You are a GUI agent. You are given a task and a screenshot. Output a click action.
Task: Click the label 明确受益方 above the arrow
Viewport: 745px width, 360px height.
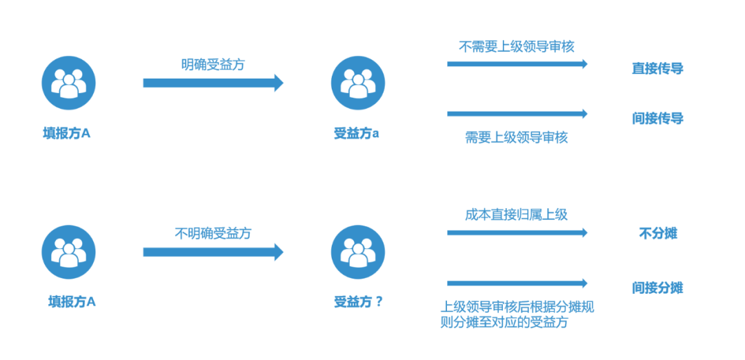click(x=213, y=65)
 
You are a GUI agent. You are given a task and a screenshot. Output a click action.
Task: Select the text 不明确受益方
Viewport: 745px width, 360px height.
click(x=213, y=234)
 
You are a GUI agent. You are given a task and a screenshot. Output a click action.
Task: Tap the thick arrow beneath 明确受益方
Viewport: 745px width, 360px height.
click(x=213, y=83)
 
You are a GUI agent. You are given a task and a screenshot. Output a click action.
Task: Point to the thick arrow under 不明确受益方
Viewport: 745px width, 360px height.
click(x=213, y=252)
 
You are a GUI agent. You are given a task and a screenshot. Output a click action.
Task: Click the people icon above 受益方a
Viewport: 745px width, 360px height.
click(x=357, y=83)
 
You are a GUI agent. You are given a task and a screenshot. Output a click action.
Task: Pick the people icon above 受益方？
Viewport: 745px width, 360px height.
click(x=357, y=252)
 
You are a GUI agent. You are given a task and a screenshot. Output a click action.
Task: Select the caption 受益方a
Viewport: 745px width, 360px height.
click(x=357, y=134)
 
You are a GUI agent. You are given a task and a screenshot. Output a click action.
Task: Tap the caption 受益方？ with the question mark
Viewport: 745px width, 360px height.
click(x=358, y=301)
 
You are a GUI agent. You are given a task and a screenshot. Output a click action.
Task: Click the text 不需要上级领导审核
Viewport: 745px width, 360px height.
click(x=517, y=47)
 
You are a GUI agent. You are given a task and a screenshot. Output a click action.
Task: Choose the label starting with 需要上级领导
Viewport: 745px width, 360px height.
click(x=517, y=137)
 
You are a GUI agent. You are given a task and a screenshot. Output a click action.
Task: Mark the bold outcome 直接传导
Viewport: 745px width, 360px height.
click(x=657, y=69)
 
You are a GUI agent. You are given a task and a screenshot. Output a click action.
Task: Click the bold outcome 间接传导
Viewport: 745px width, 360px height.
click(x=657, y=119)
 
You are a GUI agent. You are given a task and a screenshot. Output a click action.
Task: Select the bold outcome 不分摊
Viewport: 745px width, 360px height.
click(x=657, y=234)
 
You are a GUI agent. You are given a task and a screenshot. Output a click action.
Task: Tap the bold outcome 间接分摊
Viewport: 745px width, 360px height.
click(x=657, y=288)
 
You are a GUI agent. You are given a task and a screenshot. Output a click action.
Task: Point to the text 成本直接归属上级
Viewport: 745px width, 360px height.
click(x=517, y=214)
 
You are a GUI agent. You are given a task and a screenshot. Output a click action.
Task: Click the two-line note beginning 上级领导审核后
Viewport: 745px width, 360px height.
click(x=517, y=314)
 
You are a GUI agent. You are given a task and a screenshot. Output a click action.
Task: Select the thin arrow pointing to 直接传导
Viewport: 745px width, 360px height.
click(x=517, y=64)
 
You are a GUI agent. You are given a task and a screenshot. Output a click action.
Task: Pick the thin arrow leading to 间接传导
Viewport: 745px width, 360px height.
click(x=517, y=114)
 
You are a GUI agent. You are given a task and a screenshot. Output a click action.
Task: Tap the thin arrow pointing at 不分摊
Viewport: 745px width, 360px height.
click(x=517, y=233)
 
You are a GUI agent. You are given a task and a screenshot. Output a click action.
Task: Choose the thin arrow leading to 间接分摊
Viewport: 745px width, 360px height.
click(x=517, y=283)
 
